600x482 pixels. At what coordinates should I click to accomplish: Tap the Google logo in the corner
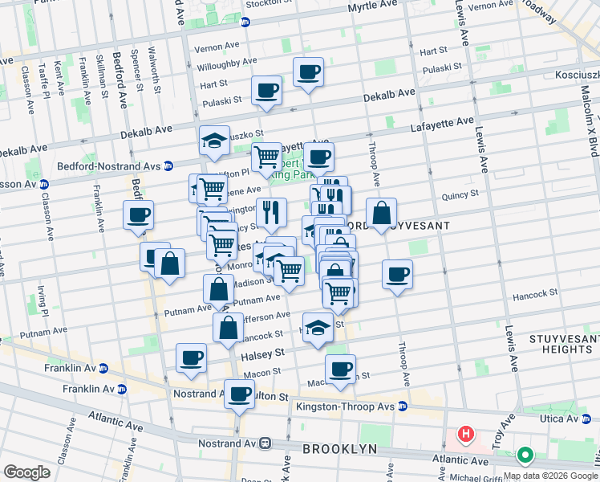point(26,472)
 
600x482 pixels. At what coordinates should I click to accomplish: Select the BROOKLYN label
point(339,448)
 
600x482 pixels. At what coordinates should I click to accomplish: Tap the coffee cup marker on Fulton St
point(239,394)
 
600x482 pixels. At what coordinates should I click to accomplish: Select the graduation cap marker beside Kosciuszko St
point(215,140)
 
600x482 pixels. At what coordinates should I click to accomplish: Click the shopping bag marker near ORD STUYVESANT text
point(383,213)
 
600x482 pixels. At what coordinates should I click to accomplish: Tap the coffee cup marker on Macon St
point(341,369)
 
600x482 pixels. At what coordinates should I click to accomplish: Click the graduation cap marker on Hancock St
point(318,328)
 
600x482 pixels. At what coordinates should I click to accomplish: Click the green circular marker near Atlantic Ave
point(525,455)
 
